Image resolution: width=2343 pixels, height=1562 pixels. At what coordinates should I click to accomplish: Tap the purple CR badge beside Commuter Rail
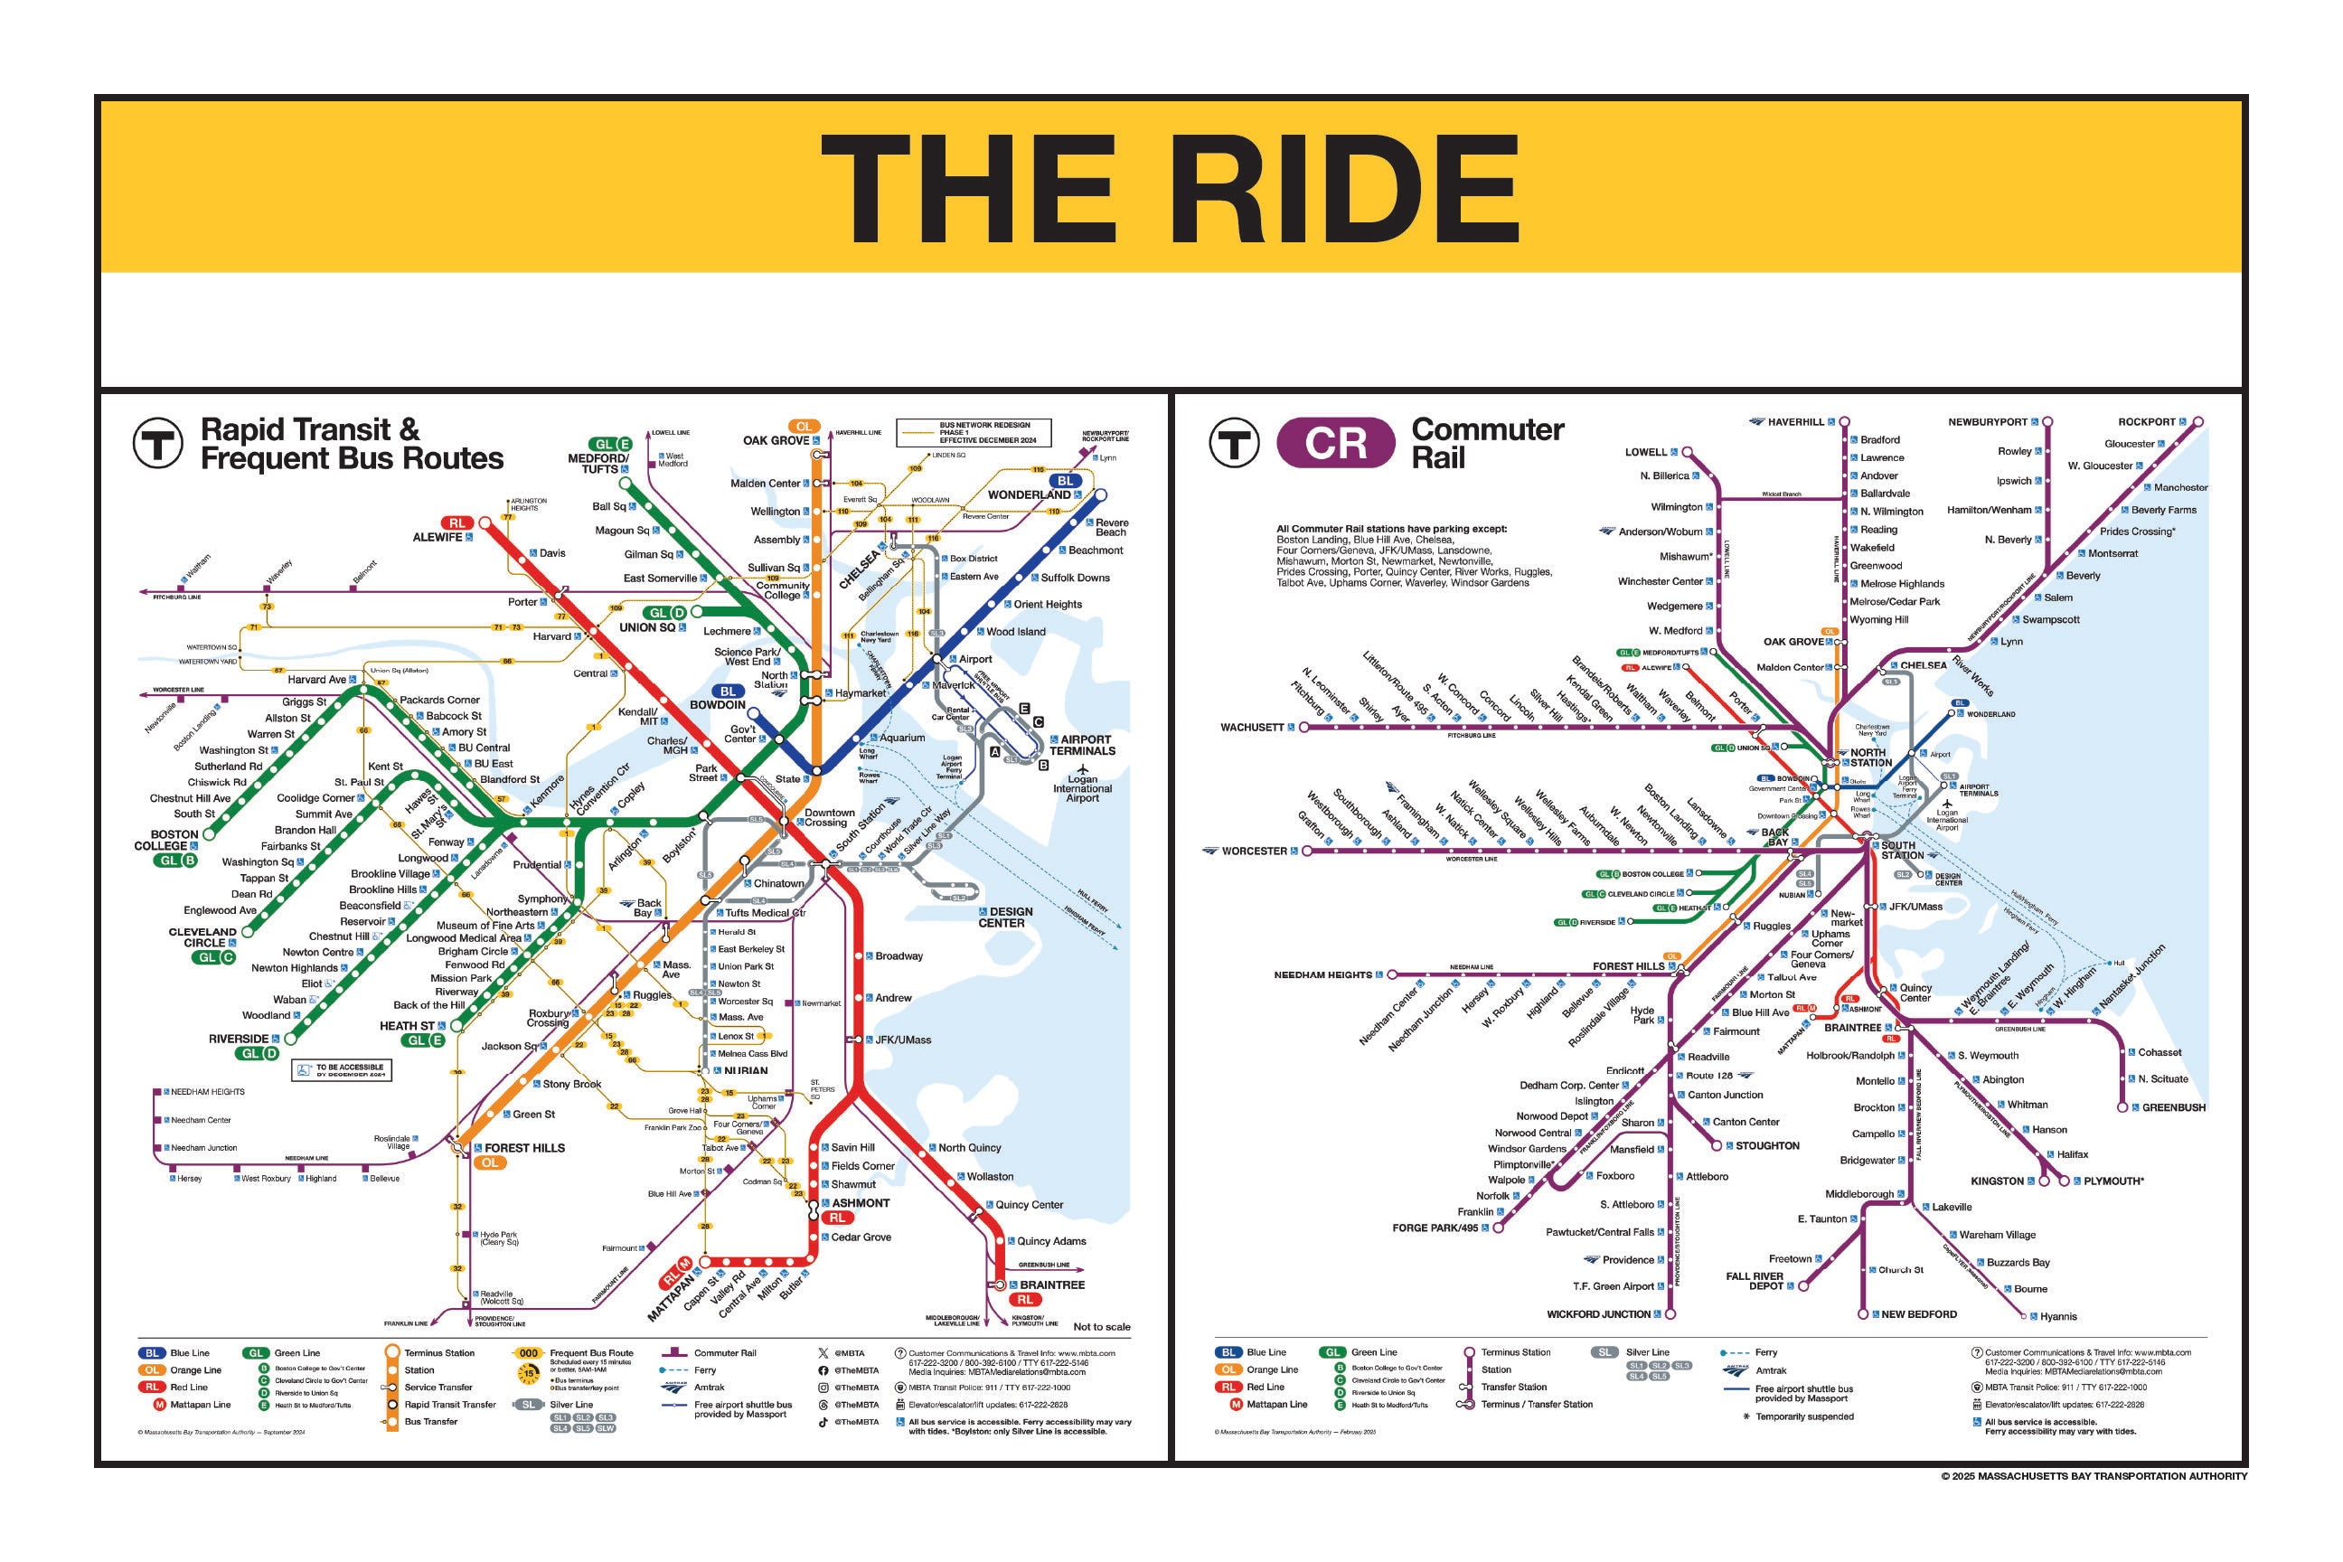1335,443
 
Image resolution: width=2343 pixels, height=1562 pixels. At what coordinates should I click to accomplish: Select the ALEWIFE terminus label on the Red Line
438,537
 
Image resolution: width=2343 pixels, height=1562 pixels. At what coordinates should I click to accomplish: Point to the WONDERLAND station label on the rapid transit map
1029,495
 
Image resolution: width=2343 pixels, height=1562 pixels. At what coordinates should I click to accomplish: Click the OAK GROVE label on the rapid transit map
775,440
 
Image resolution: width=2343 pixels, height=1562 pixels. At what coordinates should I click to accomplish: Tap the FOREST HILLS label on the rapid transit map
524,1148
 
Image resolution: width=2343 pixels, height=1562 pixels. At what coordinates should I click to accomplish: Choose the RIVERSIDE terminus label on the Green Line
238,1038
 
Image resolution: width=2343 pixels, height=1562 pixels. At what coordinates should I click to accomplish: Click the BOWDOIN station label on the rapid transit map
717,705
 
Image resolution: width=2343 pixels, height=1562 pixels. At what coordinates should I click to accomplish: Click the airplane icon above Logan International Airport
1083,768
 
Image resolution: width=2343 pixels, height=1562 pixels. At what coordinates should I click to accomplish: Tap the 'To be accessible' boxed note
342,1071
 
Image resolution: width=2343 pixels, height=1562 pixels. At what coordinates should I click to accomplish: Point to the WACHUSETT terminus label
1252,727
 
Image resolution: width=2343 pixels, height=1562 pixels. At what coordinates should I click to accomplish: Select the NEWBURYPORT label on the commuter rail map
1988,422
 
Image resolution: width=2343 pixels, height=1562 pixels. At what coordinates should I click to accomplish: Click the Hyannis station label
2058,1316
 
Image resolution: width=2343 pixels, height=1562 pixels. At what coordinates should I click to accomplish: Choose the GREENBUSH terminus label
2174,1106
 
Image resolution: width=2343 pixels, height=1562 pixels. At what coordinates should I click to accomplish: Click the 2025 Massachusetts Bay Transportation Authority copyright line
2093,1476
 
